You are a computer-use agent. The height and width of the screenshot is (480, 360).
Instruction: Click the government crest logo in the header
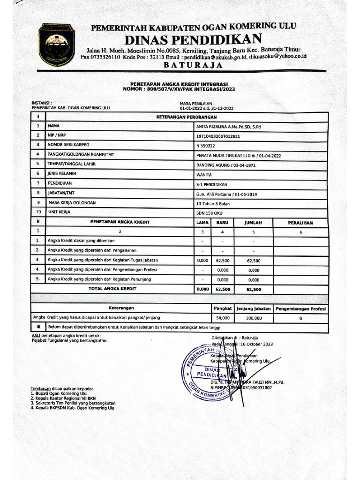point(56,45)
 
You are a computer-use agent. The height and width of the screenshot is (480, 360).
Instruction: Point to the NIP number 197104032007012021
point(218,136)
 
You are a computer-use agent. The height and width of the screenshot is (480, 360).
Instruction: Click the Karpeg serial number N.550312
point(206,145)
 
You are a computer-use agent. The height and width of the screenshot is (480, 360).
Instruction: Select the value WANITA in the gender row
point(204,174)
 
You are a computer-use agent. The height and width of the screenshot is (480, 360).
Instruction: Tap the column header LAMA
point(202,223)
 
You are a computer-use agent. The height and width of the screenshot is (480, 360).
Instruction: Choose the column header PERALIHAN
point(300,223)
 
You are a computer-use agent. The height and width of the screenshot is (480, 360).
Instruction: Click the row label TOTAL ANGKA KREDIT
point(112,289)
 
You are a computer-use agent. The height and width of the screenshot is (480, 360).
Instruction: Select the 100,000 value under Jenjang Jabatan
point(253,318)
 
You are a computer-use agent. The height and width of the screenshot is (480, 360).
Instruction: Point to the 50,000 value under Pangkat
point(222,318)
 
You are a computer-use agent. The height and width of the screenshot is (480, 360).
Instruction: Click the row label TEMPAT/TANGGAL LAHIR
point(74,164)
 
